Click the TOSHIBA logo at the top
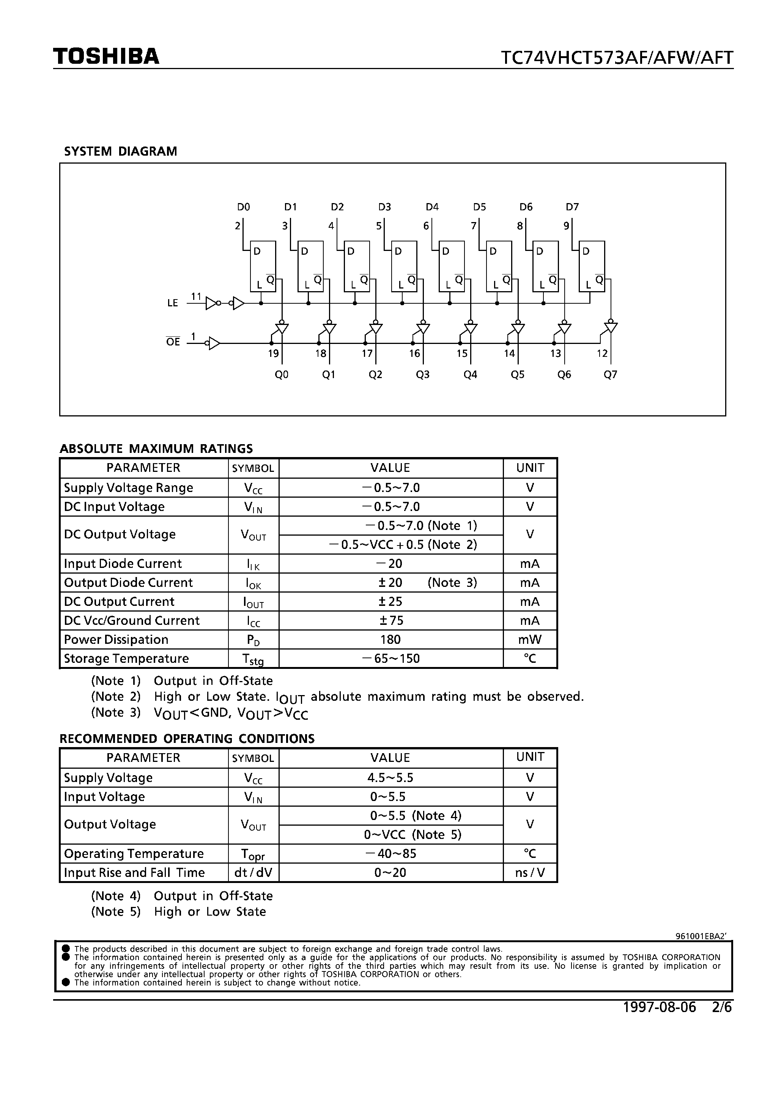click(106, 57)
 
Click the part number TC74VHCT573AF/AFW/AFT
click(616, 58)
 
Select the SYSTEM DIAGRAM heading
click(120, 151)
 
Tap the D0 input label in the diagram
click(243, 207)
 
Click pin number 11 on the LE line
click(196, 296)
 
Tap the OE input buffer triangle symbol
click(213, 343)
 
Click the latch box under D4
click(451, 266)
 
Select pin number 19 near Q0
click(273, 353)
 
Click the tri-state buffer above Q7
click(611, 327)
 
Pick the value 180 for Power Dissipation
click(390, 640)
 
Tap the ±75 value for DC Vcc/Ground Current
click(390, 621)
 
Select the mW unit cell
click(530, 640)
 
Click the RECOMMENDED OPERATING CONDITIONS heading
click(187, 739)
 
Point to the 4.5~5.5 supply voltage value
click(390, 778)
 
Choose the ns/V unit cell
click(530, 873)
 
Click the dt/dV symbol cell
click(253, 873)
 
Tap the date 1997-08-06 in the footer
click(659, 1007)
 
